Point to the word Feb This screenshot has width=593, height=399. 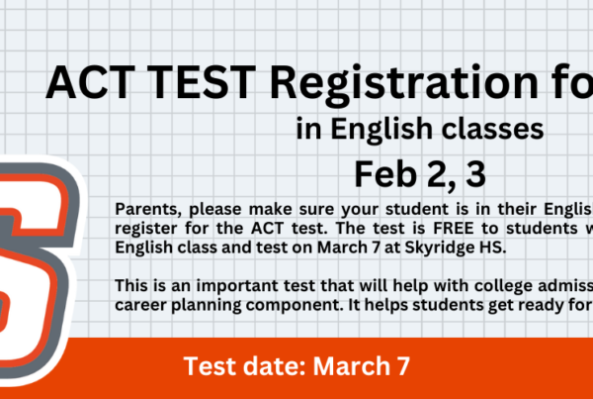point(385,174)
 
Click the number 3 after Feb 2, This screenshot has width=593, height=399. point(475,175)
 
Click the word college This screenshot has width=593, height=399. point(503,286)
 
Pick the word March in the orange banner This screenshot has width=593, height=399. point(350,366)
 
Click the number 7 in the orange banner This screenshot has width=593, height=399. point(403,366)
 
